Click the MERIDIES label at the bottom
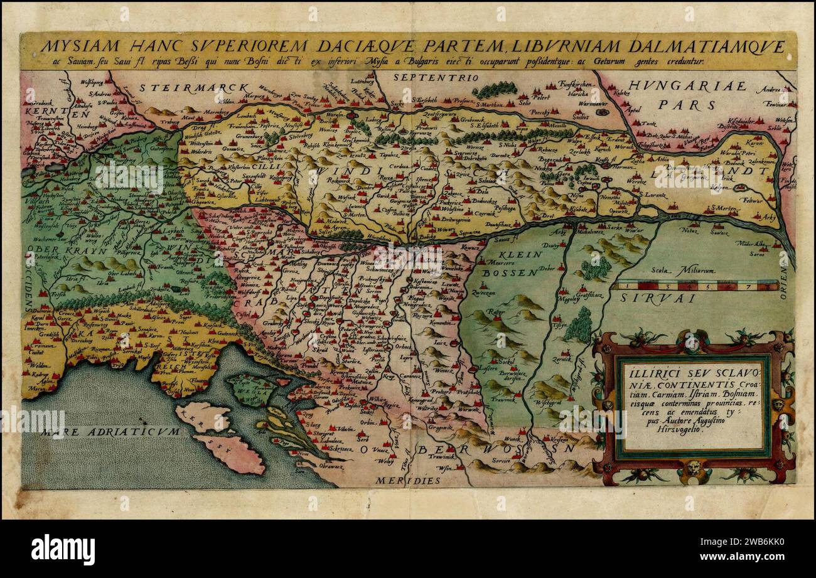pyautogui.click(x=409, y=480)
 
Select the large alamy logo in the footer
pyautogui.click(x=63, y=550)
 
